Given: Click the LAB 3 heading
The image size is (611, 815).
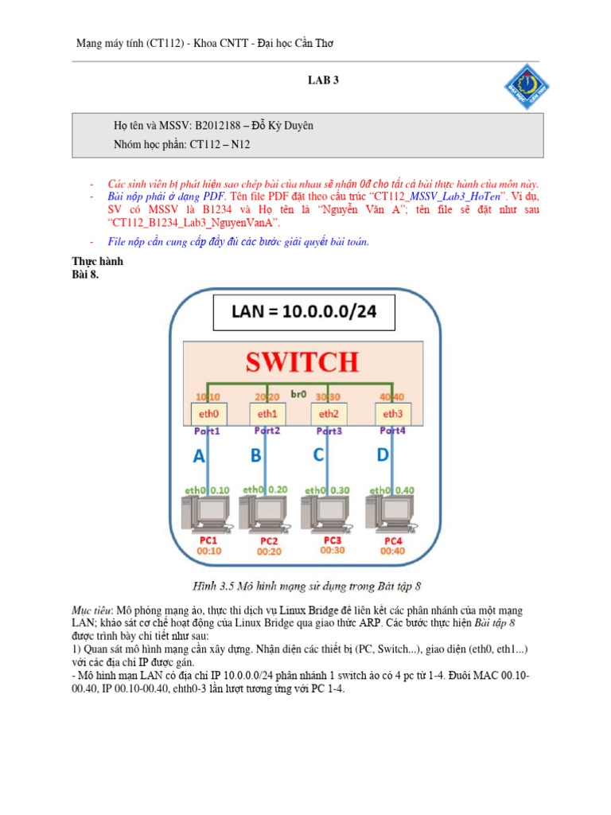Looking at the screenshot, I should tap(324, 80).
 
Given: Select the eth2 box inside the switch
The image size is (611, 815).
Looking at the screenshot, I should tap(329, 413).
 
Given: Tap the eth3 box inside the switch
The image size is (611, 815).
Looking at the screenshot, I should tap(392, 413).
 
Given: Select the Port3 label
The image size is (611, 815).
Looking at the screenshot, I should tap(330, 431).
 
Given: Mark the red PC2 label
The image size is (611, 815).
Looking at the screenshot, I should tap(268, 540).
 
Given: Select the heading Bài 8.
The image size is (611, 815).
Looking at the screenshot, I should tap(85, 275).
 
